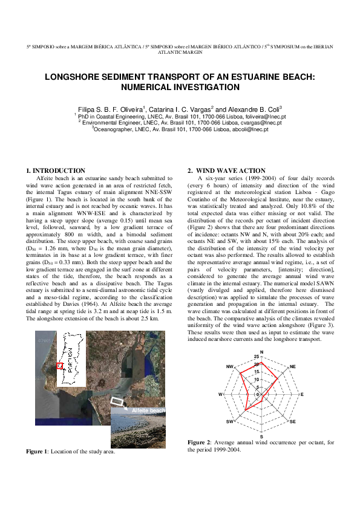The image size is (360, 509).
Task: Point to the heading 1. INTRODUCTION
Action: [x=55, y=171]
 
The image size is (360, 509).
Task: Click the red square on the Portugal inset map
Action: [x=59, y=366]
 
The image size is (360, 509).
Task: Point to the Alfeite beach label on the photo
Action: [x=148, y=411]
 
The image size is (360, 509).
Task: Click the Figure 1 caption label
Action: [x=38, y=451]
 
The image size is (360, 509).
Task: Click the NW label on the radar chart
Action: [x=229, y=367]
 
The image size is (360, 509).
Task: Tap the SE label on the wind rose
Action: [x=293, y=421]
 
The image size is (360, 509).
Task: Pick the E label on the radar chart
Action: [x=302, y=394]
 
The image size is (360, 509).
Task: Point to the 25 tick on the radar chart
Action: [x=257, y=357]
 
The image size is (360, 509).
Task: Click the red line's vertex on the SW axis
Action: [x=246, y=410]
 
